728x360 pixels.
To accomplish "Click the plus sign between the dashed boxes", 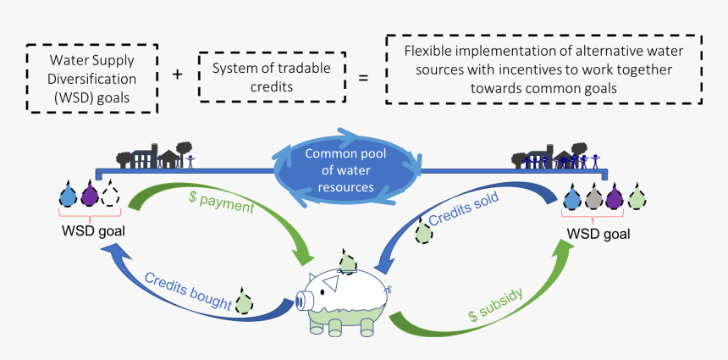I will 177,74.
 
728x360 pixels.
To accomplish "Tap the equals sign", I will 364,78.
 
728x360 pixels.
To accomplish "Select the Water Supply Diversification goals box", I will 92,78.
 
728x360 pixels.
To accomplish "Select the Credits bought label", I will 187,289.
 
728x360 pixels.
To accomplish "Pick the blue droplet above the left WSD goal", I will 69,196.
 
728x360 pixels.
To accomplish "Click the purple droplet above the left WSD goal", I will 90,196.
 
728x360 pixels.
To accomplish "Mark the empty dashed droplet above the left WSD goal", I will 111,196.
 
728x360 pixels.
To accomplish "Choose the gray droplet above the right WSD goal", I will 595,197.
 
